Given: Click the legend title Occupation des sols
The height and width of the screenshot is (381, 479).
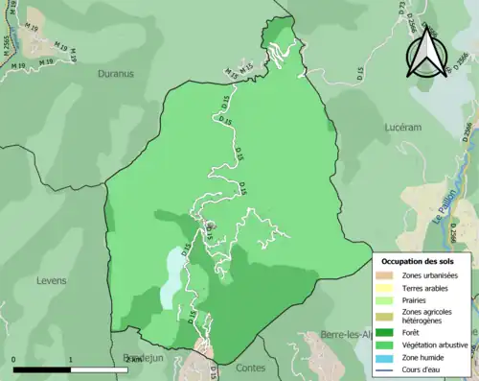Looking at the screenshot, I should [419, 261].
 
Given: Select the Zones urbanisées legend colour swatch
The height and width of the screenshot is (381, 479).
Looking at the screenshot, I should [390, 275].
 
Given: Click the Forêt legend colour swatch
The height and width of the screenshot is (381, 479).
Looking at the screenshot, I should [390, 333].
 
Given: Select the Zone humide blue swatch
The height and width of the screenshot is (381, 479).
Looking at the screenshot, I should [390, 356].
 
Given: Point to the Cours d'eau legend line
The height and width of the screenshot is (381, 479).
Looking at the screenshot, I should [390, 368].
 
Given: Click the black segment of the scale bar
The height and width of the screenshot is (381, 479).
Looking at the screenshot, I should [42, 369].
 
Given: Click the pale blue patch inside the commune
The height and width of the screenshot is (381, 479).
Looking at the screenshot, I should [171, 278].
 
